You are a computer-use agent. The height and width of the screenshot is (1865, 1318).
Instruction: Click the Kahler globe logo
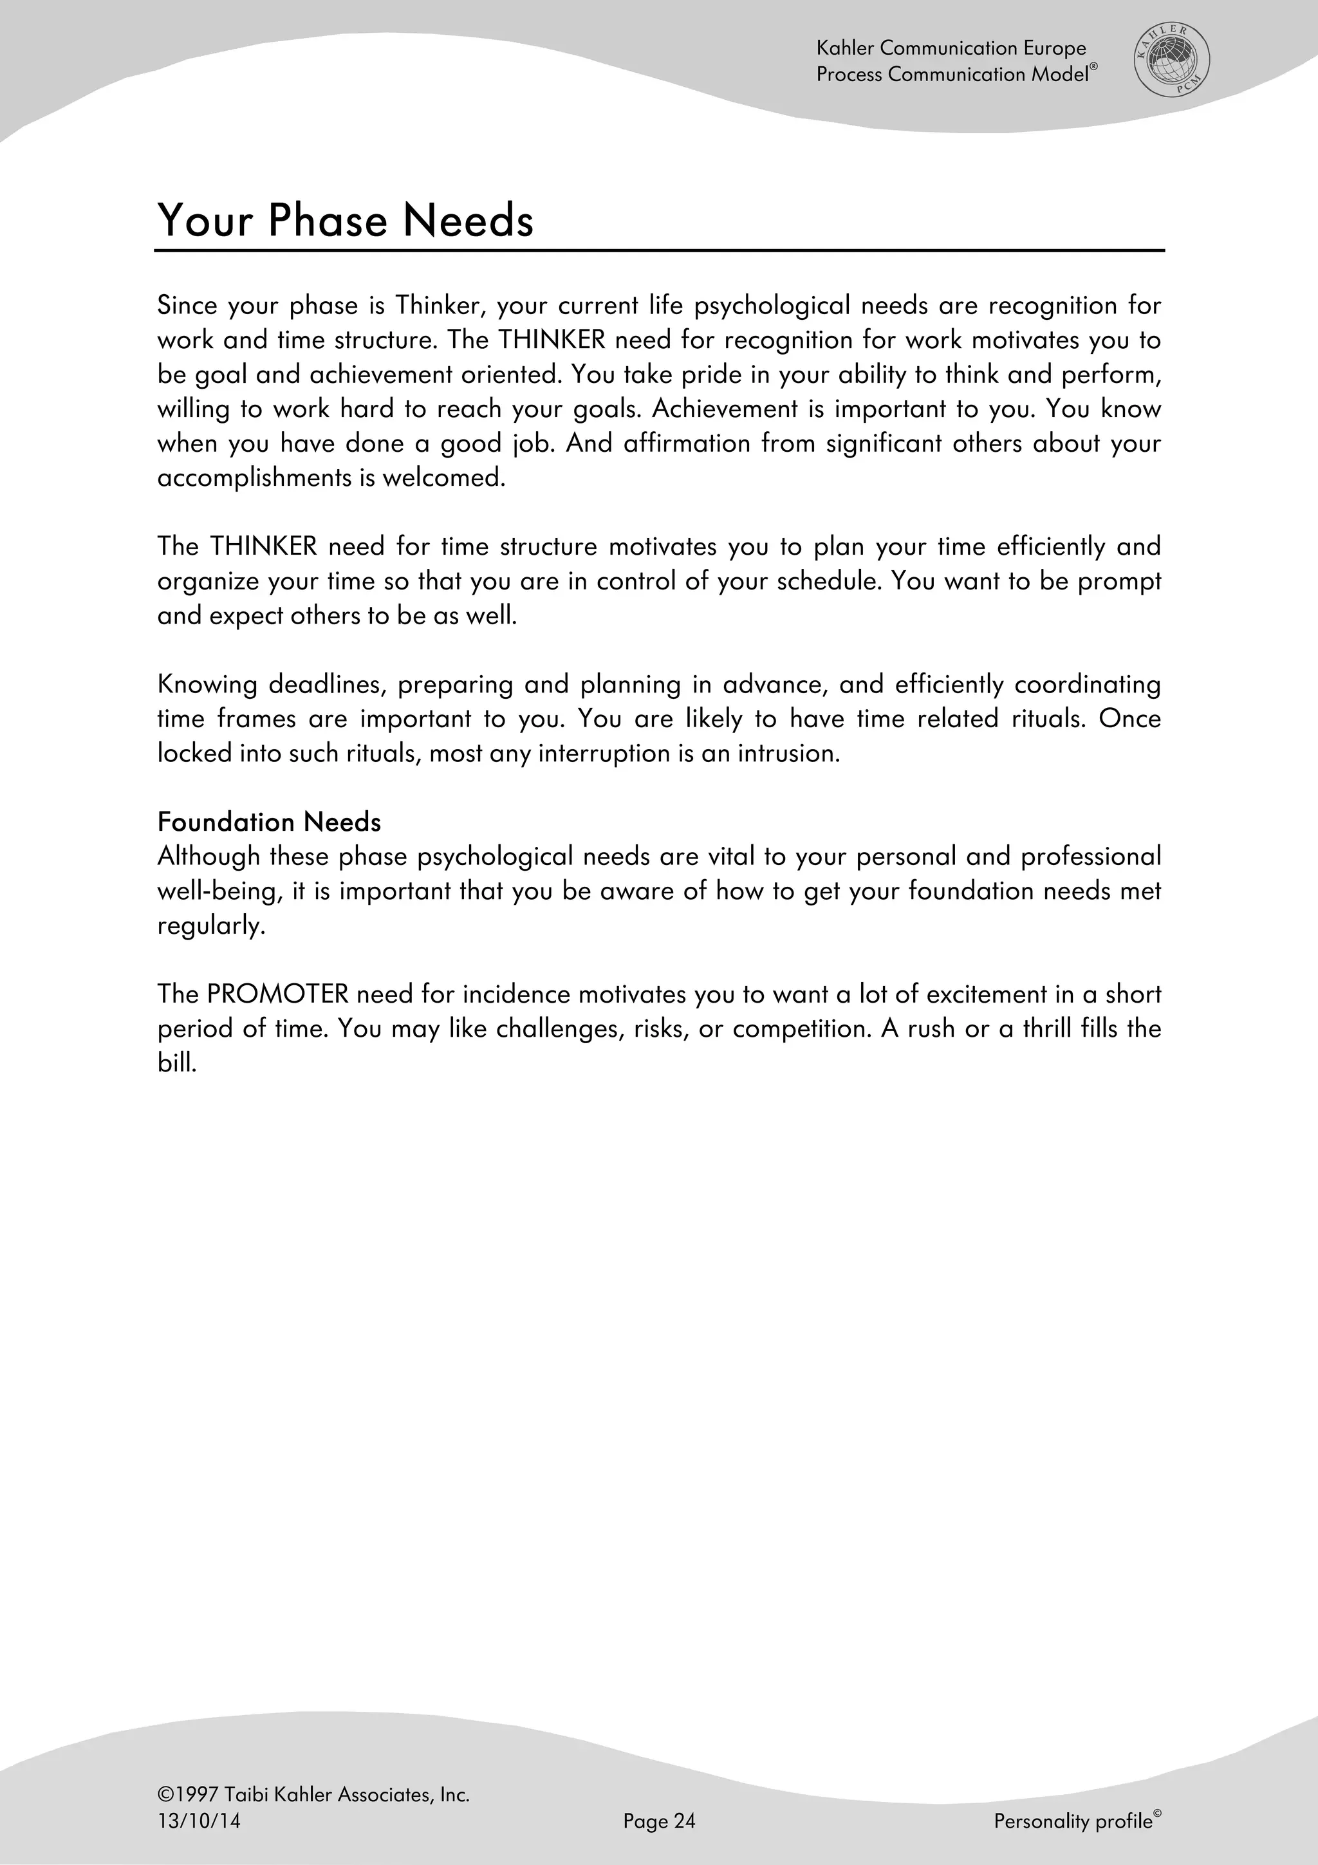coord(1171,61)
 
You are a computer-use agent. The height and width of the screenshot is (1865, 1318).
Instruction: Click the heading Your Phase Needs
coord(345,220)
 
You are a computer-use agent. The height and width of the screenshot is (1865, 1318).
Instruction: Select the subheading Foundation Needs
coord(269,822)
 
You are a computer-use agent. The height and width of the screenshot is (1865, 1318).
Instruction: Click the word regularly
coord(211,926)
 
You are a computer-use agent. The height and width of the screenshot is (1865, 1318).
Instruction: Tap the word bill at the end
coord(176,1062)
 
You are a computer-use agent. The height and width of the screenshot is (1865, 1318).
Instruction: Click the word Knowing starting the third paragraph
coord(207,685)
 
